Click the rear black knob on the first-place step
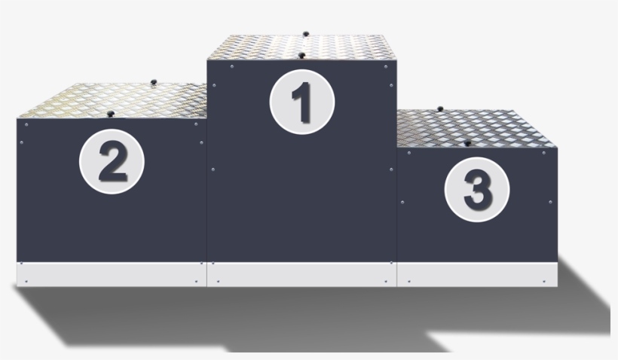305,34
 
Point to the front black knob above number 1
301,55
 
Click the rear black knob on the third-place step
440,108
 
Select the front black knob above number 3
467,142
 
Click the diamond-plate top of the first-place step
301,45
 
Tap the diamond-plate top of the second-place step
113,99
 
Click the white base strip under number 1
301,274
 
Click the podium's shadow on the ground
301,316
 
